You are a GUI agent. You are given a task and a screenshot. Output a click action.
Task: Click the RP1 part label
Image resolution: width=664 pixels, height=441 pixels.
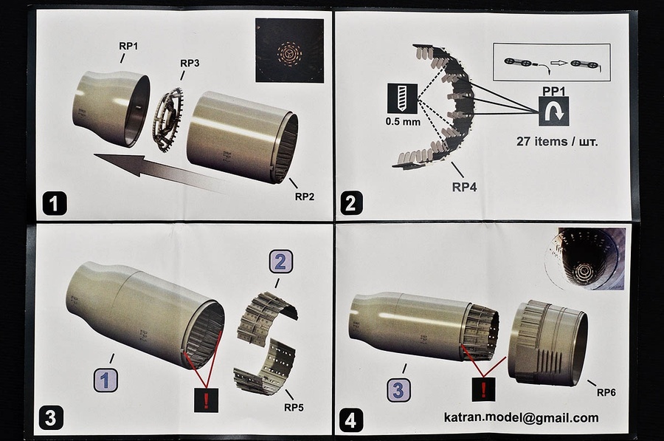click(x=128, y=46)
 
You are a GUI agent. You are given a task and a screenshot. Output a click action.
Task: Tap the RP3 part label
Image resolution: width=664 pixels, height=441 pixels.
click(x=190, y=63)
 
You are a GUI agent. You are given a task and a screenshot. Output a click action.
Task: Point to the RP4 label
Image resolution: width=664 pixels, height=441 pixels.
click(x=464, y=187)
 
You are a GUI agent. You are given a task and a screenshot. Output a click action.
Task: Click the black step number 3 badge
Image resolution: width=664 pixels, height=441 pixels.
click(x=50, y=417)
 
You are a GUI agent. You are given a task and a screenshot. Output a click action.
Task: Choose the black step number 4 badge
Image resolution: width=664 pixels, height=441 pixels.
click(x=350, y=420)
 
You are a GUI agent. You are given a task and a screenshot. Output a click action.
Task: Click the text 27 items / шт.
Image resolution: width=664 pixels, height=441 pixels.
click(x=555, y=140)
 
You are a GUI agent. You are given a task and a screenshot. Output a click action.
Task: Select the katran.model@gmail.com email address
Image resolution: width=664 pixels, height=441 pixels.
click(x=521, y=417)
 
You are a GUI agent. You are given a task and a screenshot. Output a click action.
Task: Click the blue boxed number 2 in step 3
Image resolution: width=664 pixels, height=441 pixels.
click(x=280, y=261)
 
